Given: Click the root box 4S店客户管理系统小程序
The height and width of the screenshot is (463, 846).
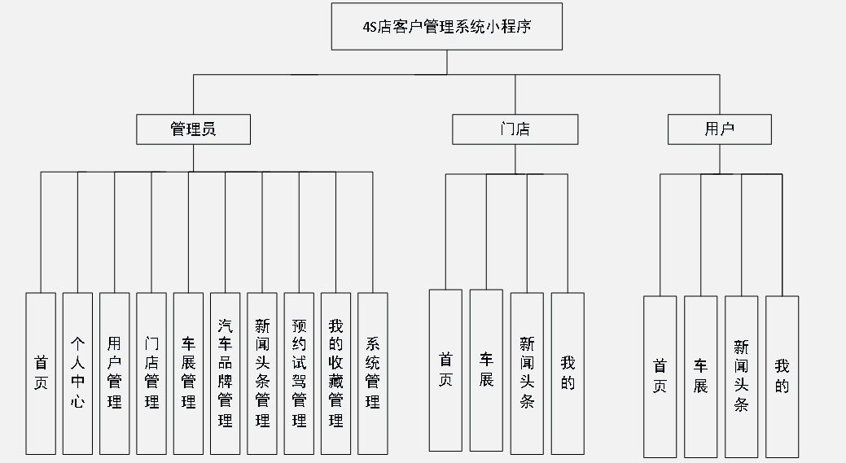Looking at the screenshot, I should (x=447, y=26).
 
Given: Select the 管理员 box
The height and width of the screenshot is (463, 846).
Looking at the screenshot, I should (x=193, y=129).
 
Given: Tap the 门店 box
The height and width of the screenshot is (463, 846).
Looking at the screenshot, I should (x=515, y=129).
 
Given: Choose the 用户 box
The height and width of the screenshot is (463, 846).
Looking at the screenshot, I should (x=720, y=129).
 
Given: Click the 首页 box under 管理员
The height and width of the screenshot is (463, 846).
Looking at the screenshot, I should (x=41, y=373).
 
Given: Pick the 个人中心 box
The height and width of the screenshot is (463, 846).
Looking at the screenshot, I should (x=77, y=373).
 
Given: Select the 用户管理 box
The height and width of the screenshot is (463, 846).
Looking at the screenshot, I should (x=114, y=373).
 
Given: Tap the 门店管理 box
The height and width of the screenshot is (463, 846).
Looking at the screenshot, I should (x=151, y=373).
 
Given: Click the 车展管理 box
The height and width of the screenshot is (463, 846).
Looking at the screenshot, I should (x=188, y=373).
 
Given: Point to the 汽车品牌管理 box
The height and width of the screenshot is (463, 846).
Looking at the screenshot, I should (x=225, y=373).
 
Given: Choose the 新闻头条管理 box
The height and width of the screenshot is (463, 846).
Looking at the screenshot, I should (x=262, y=373).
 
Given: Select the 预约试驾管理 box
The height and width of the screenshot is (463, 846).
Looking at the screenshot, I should (x=299, y=373).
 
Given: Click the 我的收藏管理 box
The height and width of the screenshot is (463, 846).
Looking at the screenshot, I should (x=335, y=373).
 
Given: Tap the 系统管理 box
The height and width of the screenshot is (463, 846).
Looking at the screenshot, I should (x=372, y=373).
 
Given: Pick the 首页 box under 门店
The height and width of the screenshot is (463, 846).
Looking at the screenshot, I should (x=445, y=370).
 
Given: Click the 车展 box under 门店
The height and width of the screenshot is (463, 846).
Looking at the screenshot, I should (x=486, y=370).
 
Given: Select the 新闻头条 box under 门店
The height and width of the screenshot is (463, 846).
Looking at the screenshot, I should (x=527, y=372).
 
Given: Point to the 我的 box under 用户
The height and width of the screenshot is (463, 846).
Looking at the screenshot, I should (x=782, y=376).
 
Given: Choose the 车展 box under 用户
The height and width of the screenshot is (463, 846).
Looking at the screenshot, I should (x=700, y=376).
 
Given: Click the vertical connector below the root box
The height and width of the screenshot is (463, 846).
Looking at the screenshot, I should (x=447, y=63).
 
